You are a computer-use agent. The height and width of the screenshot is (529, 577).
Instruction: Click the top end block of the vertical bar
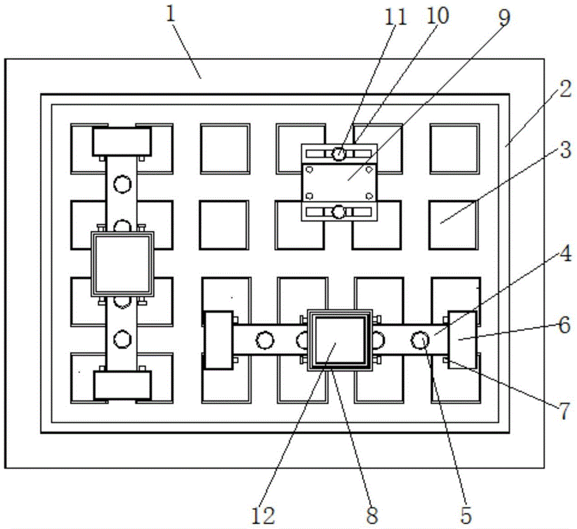click(122, 141)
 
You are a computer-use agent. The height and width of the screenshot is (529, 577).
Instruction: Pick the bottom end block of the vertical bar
click(122, 385)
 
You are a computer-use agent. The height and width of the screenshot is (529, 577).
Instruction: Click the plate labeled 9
click(339, 180)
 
